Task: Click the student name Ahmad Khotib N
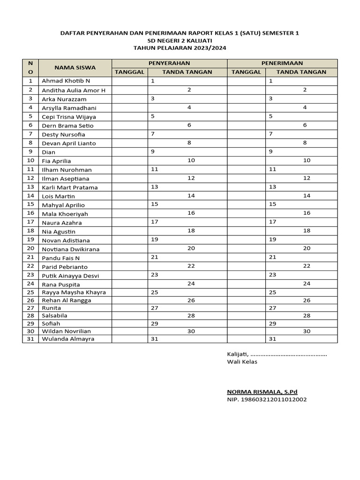66,81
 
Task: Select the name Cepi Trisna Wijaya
68,117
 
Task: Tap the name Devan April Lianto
69,143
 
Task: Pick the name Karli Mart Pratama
70,187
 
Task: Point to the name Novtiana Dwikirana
71,249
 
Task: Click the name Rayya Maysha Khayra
74,292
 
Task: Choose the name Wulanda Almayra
68,339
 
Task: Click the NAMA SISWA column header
75,67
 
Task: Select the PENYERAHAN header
169,63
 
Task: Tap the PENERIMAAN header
282,63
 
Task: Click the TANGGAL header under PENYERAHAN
130,72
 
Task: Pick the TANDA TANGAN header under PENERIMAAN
301,72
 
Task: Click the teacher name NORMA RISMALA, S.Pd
262,392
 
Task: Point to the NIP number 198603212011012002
267,400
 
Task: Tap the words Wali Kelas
242,362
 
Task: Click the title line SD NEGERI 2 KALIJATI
180,41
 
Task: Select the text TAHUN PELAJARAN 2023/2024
180,48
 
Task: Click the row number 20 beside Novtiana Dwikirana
30,248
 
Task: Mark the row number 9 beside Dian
30,151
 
